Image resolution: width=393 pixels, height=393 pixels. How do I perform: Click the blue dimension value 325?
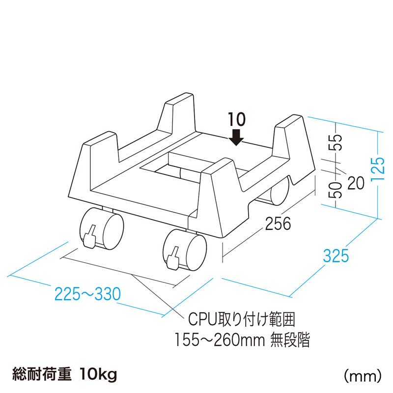[336, 256]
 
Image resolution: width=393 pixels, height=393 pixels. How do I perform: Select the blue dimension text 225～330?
[87, 294]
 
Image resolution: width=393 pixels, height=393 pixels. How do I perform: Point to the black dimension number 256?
[278, 224]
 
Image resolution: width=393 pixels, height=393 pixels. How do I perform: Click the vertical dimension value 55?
[337, 143]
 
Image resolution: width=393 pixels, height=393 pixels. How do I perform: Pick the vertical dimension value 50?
[337, 190]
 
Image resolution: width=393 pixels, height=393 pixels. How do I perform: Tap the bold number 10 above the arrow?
[237, 118]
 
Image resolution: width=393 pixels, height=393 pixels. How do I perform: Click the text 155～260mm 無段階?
[243, 340]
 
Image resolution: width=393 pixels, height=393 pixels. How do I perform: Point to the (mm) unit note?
[363, 376]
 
